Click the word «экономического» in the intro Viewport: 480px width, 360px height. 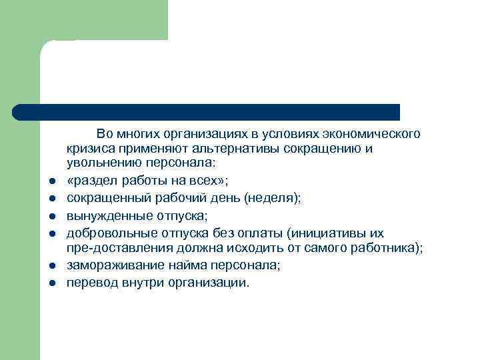pos(377,134)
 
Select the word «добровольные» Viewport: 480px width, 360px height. pos(108,233)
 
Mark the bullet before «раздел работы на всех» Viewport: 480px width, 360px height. pos(51,181)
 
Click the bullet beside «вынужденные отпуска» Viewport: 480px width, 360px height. pos(51,216)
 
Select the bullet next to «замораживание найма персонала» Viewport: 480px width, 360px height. pos(51,266)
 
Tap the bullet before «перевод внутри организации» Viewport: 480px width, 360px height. pos(51,283)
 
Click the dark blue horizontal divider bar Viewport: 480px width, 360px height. pos(207,112)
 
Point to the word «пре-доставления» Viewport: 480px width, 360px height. pos(113,248)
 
